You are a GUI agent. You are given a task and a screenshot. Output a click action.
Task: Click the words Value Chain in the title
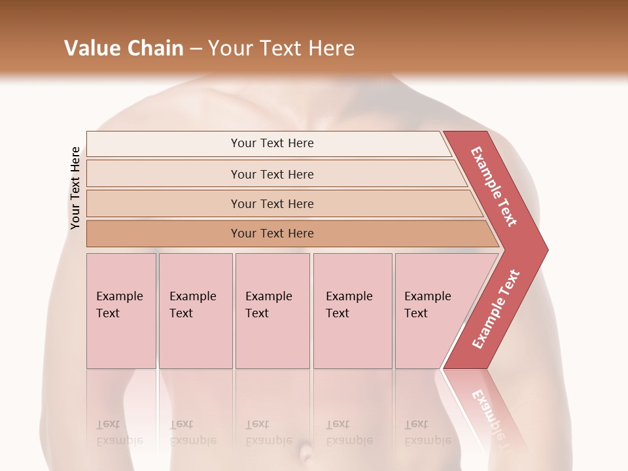coord(124,48)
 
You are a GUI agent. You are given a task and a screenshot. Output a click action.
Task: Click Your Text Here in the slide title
coord(281,48)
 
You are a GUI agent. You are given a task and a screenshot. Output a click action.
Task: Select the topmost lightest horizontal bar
coord(271,143)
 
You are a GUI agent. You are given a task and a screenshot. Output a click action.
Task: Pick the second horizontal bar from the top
coord(271,174)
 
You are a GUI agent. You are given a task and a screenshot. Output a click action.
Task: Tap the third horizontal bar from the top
coord(271,203)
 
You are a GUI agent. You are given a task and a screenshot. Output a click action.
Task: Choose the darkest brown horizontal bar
coord(271,234)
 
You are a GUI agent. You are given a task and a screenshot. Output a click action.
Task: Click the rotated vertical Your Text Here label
coord(75,188)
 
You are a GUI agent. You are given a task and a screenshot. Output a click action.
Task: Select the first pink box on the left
coord(121,311)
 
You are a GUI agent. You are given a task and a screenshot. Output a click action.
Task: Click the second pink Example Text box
coord(195,311)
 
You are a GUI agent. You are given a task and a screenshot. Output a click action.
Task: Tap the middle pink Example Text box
coord(272,311)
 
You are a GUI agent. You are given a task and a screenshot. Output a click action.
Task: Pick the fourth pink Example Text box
coord(352,311)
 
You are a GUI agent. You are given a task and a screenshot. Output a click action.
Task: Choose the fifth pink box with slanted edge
coord(432,311)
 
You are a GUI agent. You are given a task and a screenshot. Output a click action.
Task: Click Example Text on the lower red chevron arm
coord(496,309)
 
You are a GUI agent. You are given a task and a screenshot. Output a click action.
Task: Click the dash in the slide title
coord(196,49)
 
